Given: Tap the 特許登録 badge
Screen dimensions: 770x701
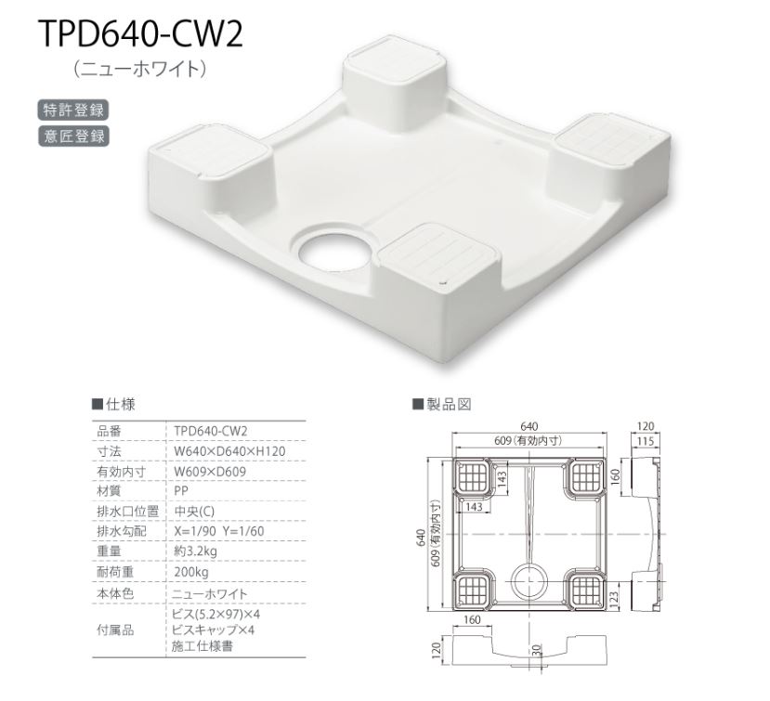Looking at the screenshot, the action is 73,109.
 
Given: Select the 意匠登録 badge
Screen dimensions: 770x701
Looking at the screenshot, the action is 73,136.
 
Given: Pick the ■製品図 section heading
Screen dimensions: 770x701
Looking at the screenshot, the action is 443,404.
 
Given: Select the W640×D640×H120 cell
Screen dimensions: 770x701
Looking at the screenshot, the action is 228,451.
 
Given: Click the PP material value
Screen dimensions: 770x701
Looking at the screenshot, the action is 181,491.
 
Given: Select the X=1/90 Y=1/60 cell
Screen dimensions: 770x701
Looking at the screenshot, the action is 220,532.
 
